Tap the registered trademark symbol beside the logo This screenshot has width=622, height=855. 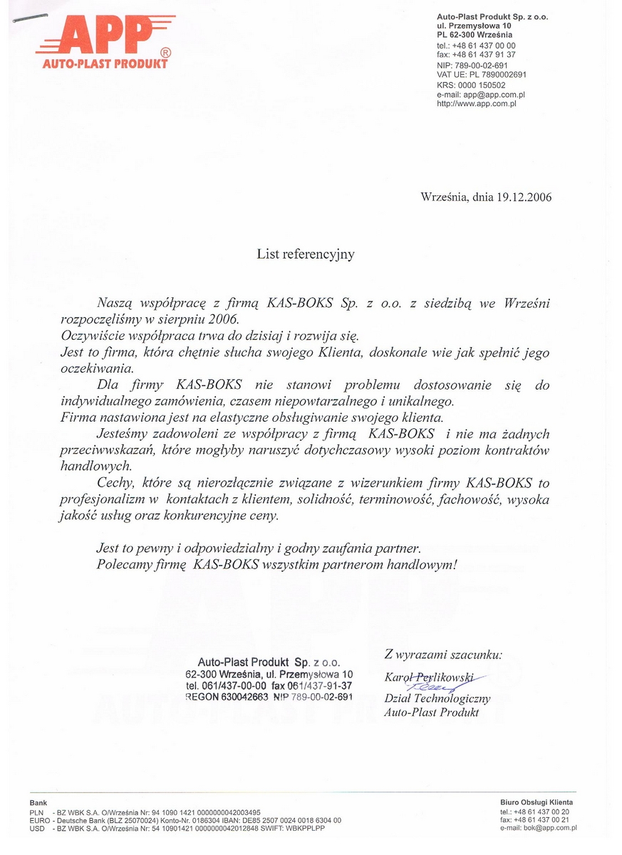pos(165,53)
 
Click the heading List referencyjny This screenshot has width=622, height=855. pos(306,254)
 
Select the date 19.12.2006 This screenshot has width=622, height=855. pos(523,197)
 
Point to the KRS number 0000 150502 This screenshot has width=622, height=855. pos(482,85)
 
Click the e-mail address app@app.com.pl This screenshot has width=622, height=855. pos(494,94)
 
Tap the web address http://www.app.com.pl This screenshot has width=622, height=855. pos(476,103)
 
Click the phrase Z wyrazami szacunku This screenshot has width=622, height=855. pos(443,653)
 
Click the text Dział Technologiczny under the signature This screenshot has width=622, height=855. pos(437,699)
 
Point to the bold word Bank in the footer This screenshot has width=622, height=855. pos(38,802)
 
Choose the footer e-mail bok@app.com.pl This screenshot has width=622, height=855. pos(547,828)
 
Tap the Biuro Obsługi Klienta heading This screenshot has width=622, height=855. pos(536,802)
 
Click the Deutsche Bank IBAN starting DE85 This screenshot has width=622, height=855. pos(287,820)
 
